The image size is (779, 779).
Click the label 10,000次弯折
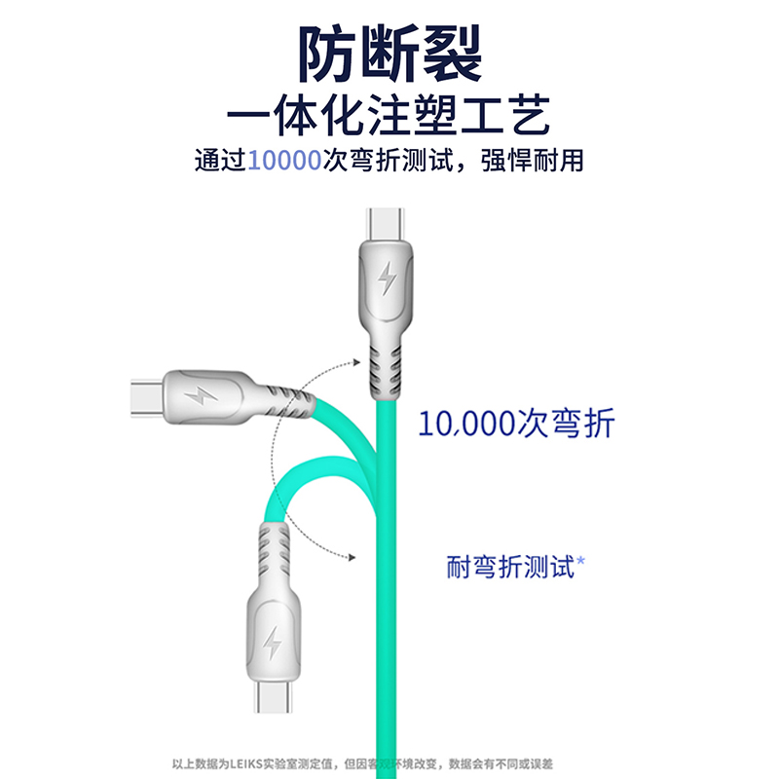(x=517, y=424)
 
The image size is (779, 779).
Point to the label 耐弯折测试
(x=509, y=566)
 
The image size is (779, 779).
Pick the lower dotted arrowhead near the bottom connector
(x=348, y=556)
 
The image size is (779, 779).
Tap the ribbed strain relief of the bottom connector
(x=275, y=553)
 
